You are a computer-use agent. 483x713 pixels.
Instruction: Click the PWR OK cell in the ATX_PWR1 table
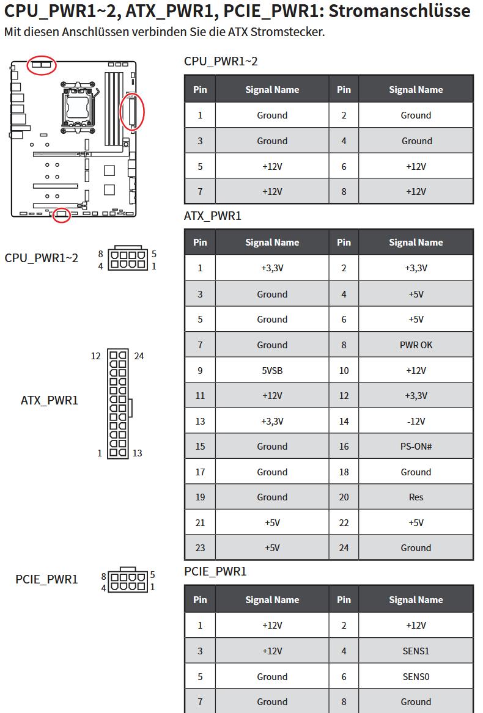click(416, 345)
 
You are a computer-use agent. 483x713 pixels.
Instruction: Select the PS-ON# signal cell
click(416, 447)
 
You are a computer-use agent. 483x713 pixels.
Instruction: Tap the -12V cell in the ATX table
click(416, 421)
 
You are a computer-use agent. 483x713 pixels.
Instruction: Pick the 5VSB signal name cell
click(272, 370)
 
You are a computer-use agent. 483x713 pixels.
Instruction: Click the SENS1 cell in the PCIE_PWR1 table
click(416, 651)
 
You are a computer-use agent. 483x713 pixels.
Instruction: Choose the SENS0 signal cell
click(416, 676)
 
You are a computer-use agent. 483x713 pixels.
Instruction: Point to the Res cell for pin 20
click(416, 497)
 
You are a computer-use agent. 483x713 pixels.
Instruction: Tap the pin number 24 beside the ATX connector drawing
click(139, 356)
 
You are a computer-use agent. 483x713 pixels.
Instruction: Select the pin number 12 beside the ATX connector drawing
click(96, 356)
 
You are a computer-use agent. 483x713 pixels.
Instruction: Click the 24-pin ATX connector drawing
click(118, 404)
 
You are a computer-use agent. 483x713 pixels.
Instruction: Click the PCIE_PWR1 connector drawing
click(128, 580)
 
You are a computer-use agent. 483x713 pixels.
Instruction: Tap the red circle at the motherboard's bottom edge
click(61, 214)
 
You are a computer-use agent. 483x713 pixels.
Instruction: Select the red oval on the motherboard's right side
click(131, 111)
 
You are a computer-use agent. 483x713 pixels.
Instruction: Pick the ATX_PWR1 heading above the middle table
click(213, 216)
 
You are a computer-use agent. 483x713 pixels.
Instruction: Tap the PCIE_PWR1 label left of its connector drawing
click(46, 579)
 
